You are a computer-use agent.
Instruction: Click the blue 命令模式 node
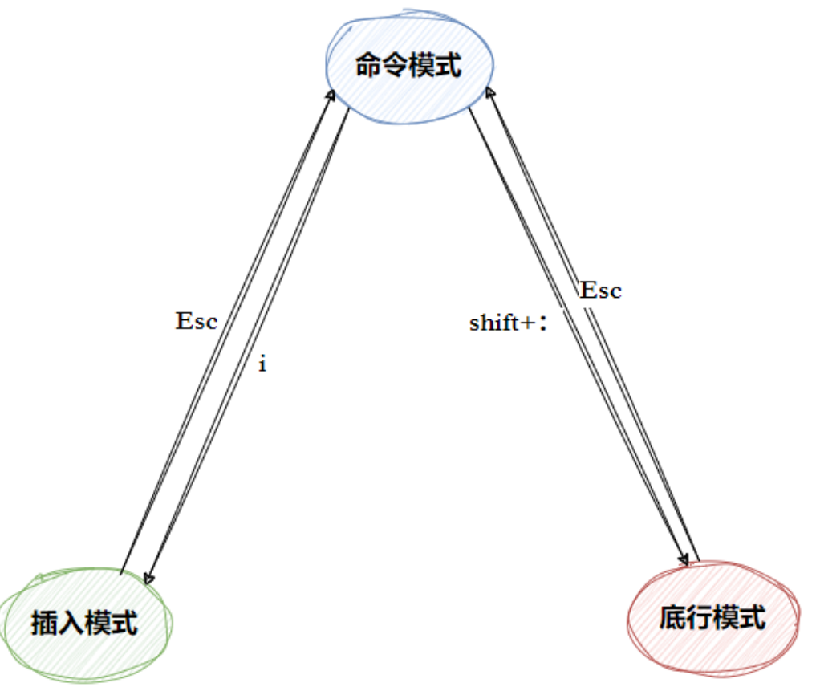(408, 66)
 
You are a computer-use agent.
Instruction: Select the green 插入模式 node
(85, 623)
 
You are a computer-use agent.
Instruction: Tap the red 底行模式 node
(712, 618)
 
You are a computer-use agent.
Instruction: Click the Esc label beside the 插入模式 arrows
(197, 322)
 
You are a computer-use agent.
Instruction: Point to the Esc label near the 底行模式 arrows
(600, 290)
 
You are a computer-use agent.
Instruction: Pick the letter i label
(262, 364)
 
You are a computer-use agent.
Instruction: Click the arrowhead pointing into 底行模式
(684, 559)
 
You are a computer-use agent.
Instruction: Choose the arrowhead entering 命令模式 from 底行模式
(492, 94)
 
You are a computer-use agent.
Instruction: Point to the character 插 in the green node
(45, 624)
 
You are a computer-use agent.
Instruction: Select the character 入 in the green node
(71, 624)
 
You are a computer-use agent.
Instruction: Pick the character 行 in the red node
(699, 618)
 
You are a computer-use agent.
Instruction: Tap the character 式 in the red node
(753, 618)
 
